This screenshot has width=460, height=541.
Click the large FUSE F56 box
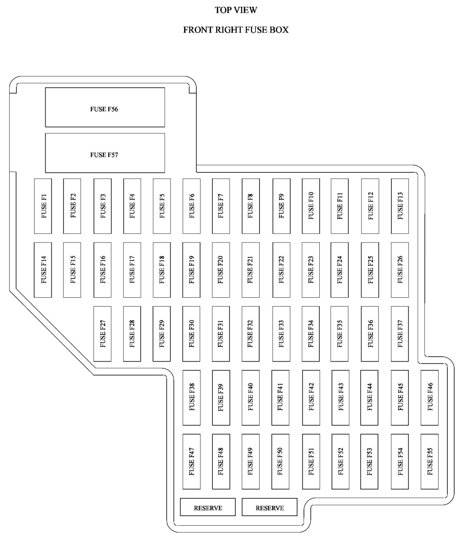(x=105, y=107)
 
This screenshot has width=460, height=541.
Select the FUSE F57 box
(x=105, y=153)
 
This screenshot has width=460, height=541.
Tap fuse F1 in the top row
(x=43, y=206)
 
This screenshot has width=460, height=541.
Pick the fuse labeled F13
(x=400, y=206)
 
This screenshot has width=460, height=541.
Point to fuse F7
(x=221, y=206)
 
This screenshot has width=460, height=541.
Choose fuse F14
(x=43, y=270)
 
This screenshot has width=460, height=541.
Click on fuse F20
(x=221, y=270)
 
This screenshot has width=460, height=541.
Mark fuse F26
(x=400, y=270)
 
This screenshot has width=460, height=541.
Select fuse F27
(x=102, y=334)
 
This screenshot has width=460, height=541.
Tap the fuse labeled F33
(x=281, y=334)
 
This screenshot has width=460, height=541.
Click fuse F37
(x=400, y=334)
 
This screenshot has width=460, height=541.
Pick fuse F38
(x=191, y=398)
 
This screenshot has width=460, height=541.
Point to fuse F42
(x=311, y=398)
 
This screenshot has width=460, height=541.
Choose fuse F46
(x=429, y=398)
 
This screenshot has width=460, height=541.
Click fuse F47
(x=191, y=462)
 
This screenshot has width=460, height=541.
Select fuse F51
(x=311, y=462)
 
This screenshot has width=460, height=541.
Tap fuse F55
(x=429, y=462)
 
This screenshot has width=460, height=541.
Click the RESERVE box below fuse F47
(x=208, y=507)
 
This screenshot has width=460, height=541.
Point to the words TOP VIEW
(x=236, y=10)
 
